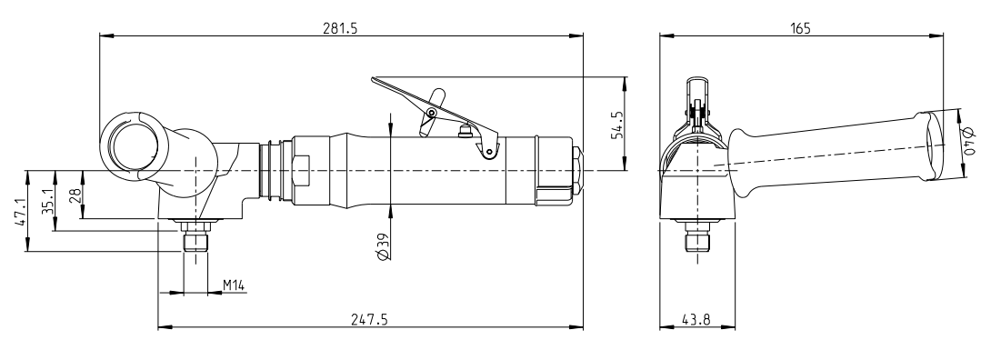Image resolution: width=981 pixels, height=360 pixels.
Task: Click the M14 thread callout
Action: click(x=235, y=285)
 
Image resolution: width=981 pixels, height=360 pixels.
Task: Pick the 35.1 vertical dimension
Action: click(x=44, y=199)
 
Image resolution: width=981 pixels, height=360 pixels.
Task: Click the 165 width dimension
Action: click(x=800, y=28)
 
